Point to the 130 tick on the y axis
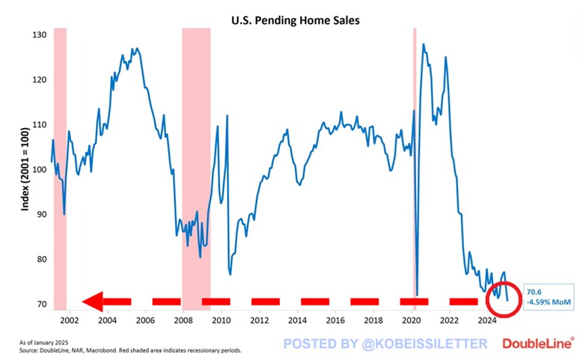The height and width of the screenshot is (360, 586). pos(40,35)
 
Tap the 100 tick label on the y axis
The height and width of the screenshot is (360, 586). pos(40,170)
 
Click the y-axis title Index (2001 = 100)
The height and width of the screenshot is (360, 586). pos(25,170)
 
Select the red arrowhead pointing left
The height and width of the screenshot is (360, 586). pos(93,302)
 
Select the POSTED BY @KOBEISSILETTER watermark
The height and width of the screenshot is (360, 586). pos(385,344)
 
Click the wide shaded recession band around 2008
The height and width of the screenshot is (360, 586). pos(196,150)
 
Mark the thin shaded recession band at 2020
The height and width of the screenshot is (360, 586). pos(415,150)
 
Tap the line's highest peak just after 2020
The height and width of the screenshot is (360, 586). pos(424,44)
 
